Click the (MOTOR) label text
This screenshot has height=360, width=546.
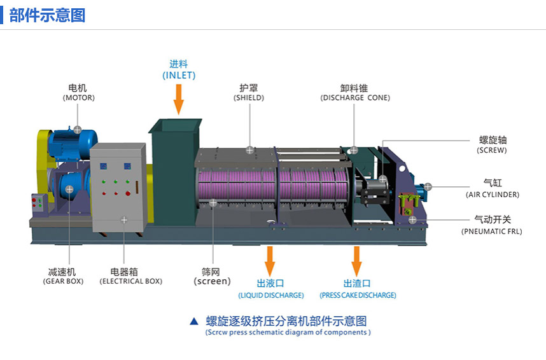pos(78,98)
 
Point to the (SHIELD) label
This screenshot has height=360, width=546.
pos(249,98)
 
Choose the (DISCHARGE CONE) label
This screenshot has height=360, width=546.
pos(355,98)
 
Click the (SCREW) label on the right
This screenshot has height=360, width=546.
pos(492,151)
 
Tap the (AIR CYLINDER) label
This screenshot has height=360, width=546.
pos(493,195)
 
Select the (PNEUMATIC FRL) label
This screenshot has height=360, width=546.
pos(491,232)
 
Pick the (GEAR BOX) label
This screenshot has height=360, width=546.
pos(63,281)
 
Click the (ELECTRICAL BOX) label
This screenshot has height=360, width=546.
pos(131,281)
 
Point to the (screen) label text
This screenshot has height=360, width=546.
pos(213,281)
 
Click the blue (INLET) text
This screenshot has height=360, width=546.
pos(179,75)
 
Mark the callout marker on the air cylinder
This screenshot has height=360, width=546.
pos(428,187)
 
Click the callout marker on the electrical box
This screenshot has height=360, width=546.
pos(124,219)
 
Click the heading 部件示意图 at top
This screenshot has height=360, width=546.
pos(47,15)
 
